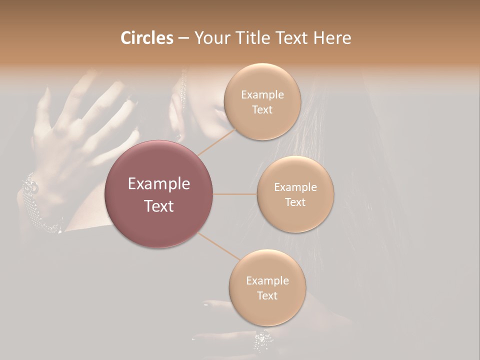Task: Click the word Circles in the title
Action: coord(146,38)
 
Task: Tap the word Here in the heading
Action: coord(332,38)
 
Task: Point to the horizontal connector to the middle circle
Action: coord(235,194)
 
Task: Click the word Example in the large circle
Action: coord(159,184)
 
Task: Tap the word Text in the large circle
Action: coord(159,206)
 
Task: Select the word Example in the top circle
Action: coord(262,95)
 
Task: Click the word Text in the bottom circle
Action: coord(267,296)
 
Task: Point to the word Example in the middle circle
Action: coord(295,187)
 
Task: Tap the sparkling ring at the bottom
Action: coord(263,341)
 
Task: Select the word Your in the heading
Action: coord(210,38)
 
